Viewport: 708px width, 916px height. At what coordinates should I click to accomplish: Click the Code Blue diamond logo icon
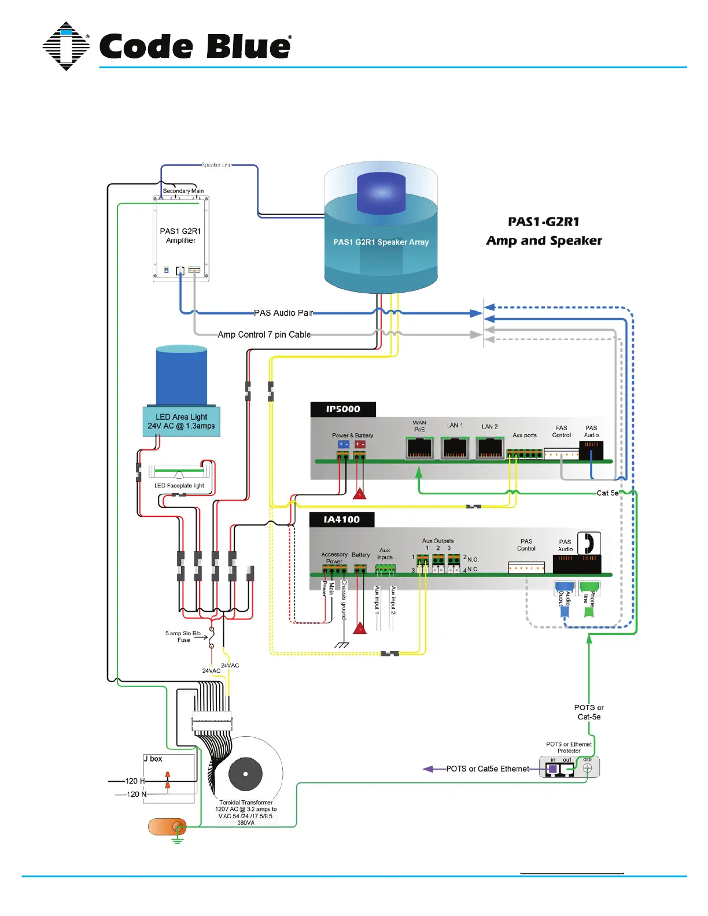66,46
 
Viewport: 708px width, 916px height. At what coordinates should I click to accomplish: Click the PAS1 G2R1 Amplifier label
180,235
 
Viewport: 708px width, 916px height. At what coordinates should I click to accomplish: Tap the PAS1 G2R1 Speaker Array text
381,242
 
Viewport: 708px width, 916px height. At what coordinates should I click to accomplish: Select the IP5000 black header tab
343,409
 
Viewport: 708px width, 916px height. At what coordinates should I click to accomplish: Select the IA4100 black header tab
341,519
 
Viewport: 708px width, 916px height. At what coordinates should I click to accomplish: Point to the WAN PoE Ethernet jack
419,448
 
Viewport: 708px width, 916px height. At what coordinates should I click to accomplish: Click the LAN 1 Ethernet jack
455,448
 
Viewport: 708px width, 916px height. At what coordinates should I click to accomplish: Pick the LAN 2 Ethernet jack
490,448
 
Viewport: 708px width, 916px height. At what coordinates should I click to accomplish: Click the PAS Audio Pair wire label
283,313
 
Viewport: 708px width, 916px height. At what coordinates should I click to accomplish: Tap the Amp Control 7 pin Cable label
264,334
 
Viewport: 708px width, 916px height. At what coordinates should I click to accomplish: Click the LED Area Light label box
181,422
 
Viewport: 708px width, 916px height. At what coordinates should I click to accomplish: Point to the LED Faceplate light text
179,486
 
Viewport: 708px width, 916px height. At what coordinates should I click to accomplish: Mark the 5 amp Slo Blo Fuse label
183,637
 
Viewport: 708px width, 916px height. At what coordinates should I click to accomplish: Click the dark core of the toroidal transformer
245,774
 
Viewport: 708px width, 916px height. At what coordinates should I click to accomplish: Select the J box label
153,759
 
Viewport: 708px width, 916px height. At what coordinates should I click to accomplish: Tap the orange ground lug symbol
167,827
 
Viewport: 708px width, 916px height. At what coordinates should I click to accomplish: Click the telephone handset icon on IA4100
589,544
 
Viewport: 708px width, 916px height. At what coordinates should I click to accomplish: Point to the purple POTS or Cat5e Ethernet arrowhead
429,769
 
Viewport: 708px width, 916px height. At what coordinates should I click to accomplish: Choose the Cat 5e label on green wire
607,493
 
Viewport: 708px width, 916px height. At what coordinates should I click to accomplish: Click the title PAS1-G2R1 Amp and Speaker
544,231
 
